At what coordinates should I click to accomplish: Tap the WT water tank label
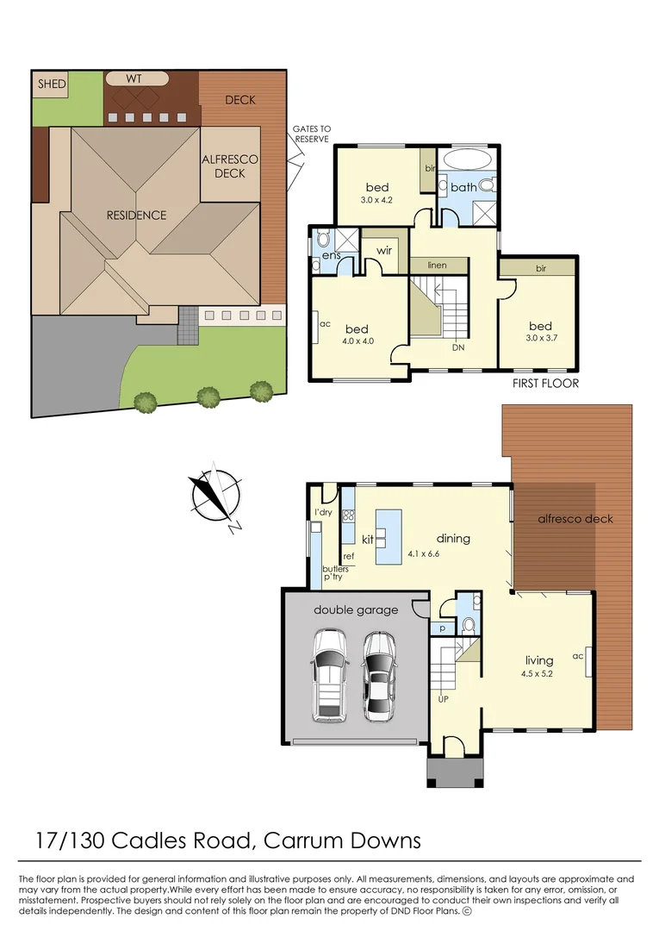pyautogui.click(x=134, y=78)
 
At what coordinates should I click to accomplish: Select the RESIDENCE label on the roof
pyautogui.click(x=136, y=215)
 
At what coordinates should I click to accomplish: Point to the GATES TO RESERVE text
pyautogui.click(x=313, y=134)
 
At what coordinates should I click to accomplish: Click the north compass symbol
pyautogui.click(x=213, y=496)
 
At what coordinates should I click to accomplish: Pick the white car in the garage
pyautogui.click(x=330, y=675)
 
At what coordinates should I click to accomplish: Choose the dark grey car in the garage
pyautogui.click(x=377, y=677)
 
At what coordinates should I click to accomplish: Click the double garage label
pyautogui.click(x=356, y=610)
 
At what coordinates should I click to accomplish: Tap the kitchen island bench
pyautogui.click(x=389, y=536)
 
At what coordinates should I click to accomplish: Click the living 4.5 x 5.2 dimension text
pyautogui.click(x=537, y=672)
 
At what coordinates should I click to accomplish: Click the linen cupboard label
pyautogui.click(x=438, y=266)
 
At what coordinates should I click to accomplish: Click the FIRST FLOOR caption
pyautogui.click(x=545, y=384)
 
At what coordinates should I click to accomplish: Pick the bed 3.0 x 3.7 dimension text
pyautogui.click(x=540, y=339)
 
